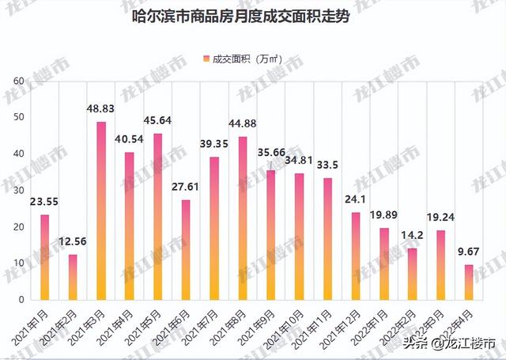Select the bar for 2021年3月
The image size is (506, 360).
(x=101, y=210)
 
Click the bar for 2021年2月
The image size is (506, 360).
(x=73, y=277)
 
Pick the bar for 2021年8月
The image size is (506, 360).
(x=242, y=218)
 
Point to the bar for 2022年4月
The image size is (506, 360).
(x=468, y=282)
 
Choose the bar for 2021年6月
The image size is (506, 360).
(x=186, y=249)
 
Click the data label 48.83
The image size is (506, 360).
(x=101, y=108)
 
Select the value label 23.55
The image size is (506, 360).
(x=45, y=201)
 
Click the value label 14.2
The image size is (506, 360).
(x=412, y=236)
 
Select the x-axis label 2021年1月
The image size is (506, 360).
(x=32, y=324)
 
